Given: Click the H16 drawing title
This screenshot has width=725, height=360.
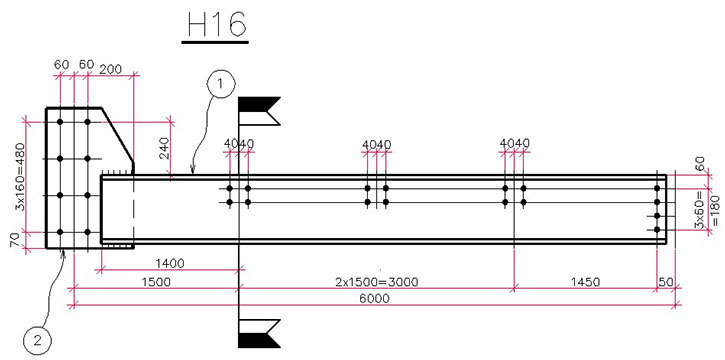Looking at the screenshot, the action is [216, 25].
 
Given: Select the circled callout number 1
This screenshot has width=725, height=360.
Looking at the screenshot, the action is [221, 84].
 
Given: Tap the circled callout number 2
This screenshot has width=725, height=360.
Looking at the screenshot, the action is [37, 342].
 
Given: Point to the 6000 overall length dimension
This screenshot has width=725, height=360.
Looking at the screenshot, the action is [375, 299].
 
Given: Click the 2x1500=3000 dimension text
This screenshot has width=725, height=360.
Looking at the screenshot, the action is [376, 281].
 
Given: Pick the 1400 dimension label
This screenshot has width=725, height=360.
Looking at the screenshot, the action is [170, 264].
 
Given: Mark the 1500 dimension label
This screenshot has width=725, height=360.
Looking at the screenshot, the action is [155, 281].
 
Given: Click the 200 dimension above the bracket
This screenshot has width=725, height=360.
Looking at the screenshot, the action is [110, 69].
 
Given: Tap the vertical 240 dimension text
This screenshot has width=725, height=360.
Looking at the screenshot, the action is [166, 149].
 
